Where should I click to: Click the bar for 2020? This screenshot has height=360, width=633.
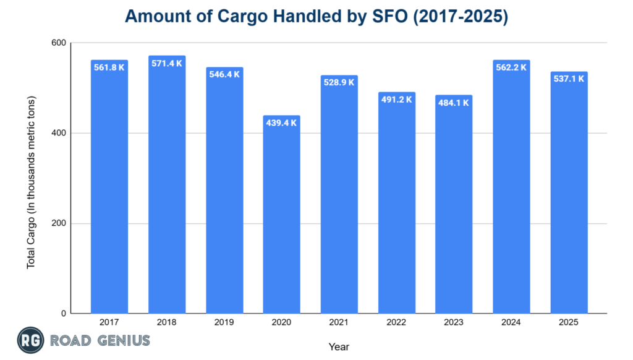point(281,216)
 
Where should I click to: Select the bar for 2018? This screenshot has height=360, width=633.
point(167,186)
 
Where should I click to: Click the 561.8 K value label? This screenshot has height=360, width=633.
point(109,67)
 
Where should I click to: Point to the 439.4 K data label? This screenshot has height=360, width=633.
point(281,122)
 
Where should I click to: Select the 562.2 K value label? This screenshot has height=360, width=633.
point(511,67)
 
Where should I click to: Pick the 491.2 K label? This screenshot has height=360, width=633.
point(396,99)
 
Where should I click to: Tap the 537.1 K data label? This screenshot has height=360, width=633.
point(569,79)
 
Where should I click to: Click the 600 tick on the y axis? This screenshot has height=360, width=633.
point(59,43)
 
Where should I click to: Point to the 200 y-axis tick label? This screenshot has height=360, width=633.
point(59,223)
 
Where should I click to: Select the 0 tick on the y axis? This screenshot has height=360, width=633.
point(63,314)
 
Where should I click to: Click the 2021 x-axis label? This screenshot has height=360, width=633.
point(339,323)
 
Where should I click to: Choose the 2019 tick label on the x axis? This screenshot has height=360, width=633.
point(224,323)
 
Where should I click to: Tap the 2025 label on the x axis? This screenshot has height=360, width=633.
point(569,323)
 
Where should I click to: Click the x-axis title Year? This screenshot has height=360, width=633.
point(339,347)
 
